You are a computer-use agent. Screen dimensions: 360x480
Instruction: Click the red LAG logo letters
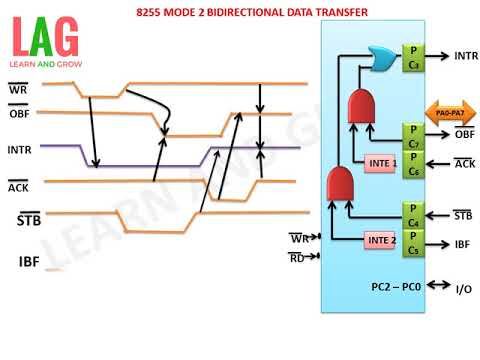44,38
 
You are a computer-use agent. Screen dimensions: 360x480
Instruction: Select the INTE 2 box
381,241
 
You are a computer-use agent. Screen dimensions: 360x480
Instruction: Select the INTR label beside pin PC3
466,56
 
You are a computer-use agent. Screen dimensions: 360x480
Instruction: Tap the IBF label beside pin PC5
463,243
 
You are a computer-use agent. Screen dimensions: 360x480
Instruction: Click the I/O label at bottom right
464,289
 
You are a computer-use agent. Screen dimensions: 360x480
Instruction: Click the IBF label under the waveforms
29,262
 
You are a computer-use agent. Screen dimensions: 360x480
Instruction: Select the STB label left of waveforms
29,219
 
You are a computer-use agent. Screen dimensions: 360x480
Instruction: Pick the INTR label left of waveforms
22,151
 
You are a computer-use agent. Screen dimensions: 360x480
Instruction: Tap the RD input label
297,257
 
